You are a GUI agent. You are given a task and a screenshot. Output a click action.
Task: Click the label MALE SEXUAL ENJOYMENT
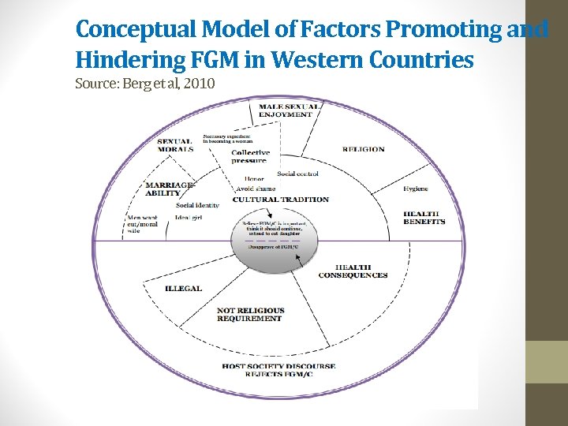click(x=290, y=110)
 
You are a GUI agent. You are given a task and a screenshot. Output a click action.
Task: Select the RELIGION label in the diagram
click(x=363, y=149)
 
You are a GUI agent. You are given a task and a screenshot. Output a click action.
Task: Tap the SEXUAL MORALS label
click(x=175, y=145)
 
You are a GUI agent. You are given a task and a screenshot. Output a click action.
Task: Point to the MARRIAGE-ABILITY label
click(x=170, y=189)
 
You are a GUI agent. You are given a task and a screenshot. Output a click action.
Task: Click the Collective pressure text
click(x=250, y=156)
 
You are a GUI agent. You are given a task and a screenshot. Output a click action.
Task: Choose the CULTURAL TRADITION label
click(x=280, y=200)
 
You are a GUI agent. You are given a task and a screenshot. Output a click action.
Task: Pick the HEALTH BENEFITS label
click(x=424, y=218)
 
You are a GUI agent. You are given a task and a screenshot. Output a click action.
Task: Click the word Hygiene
click(x=416, y=189)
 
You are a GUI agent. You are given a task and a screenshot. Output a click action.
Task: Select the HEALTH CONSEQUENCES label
click(x=353, y=271)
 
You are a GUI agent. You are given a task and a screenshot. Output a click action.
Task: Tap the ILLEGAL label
click(x=183, y=289)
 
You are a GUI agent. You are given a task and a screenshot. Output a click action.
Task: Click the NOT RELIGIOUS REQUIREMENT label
click(x=250, y=315)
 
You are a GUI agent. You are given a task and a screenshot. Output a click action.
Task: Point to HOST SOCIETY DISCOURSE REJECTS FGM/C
click(x=278, y=370)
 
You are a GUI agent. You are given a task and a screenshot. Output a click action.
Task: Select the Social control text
click(x=297, y=174)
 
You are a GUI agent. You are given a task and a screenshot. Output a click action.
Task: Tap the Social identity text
click(x=197, y=205)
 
